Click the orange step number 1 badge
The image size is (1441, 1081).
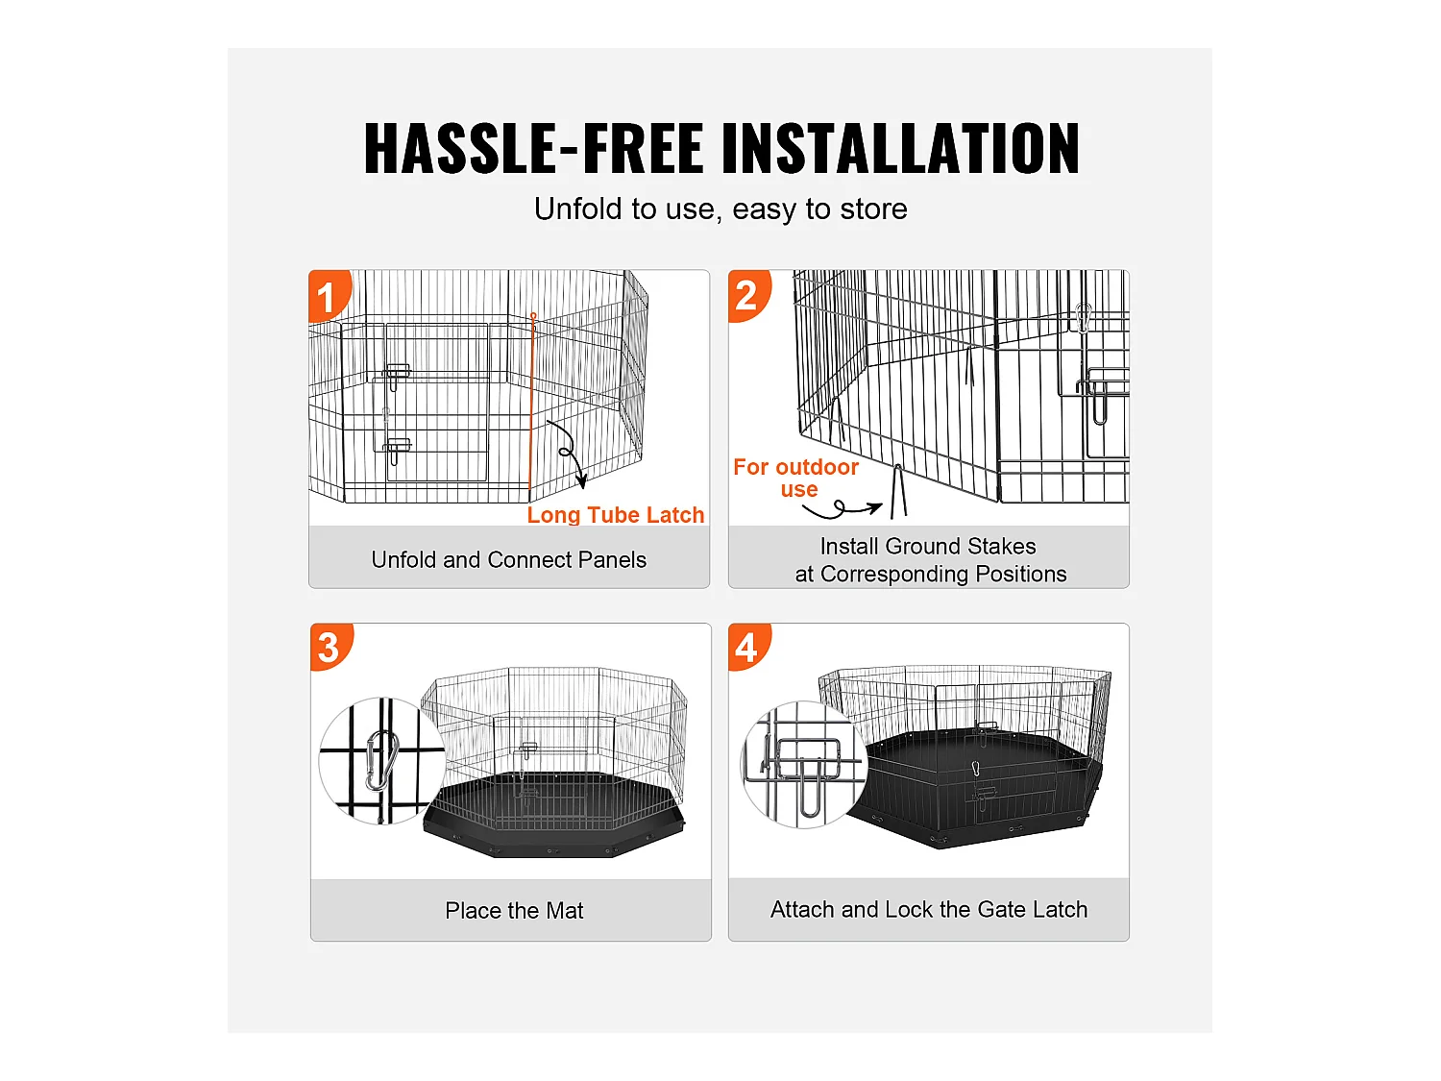[329, 295]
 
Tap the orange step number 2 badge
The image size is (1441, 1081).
[747, 295]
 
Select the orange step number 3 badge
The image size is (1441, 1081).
[330, 647]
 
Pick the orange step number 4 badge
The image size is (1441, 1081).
[747, 647]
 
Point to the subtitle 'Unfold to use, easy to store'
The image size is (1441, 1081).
[720, 209]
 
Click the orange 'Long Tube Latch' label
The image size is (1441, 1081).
[615, 515]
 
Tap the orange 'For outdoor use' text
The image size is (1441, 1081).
[795, 478]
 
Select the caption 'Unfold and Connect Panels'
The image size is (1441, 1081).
[509, 560]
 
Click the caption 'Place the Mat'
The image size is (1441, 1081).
[514, 910]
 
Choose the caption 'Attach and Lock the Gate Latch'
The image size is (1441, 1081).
[929, 910]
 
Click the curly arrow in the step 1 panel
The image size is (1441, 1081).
[567, 452]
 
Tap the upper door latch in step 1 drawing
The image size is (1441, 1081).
[396, 375]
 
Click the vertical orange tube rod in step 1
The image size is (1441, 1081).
[532, 406]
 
